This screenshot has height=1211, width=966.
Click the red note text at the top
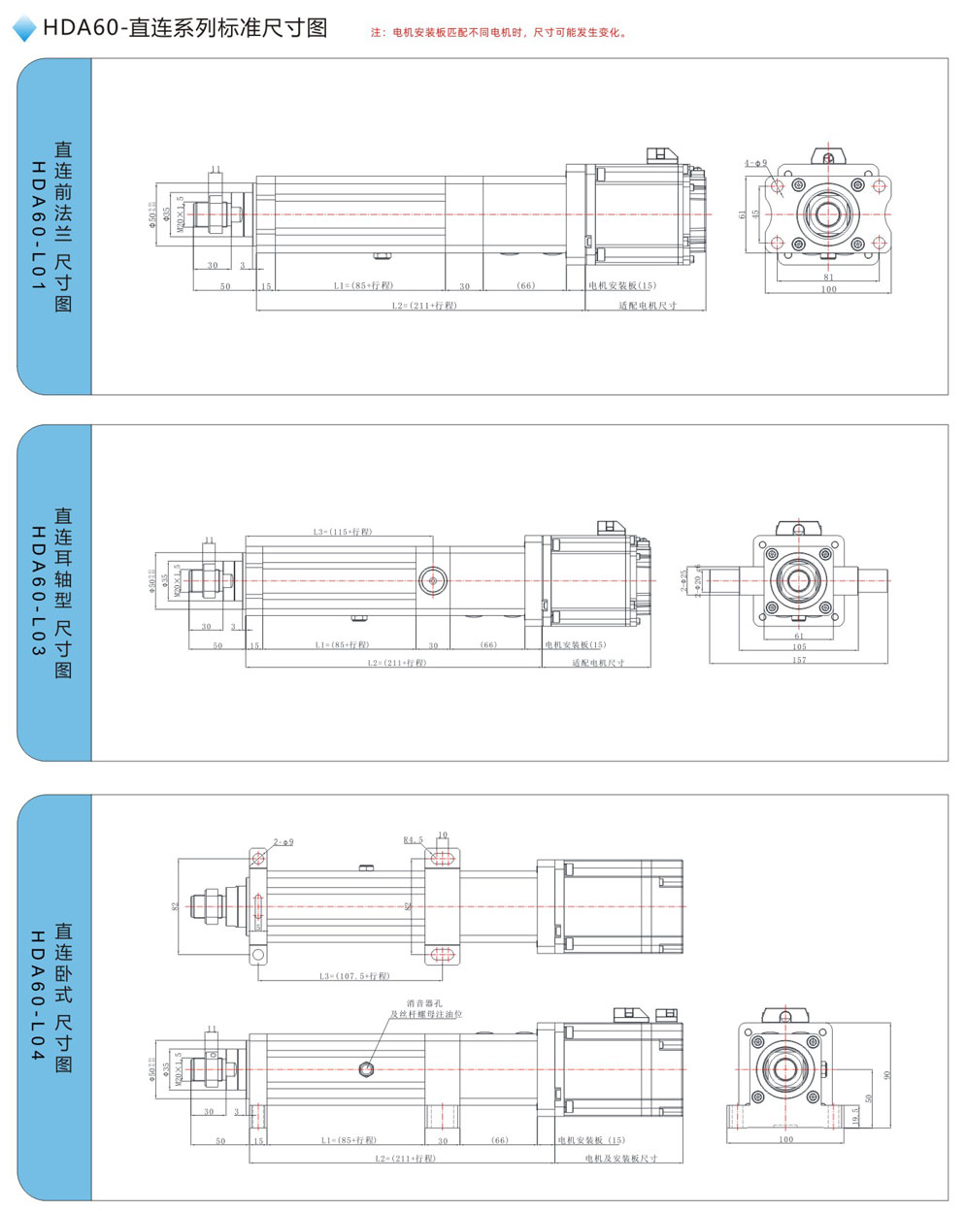pos(499,32)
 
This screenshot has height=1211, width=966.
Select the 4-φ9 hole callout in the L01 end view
pos(755,163)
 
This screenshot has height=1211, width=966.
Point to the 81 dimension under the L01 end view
pos(828,278)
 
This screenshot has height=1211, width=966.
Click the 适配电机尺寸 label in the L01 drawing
pos(648,306)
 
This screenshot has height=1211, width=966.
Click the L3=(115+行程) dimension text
pos(343,532)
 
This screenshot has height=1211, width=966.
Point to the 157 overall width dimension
pos(799,660)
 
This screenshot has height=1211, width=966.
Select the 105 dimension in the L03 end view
pos(799,647)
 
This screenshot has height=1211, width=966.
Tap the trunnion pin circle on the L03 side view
pos(433,581)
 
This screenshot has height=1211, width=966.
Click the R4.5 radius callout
pos(414,840)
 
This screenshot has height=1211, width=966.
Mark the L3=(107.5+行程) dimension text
pos(354,976)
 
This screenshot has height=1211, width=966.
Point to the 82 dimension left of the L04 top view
pos(176,906)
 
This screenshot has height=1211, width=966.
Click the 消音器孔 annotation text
pos(424,1002)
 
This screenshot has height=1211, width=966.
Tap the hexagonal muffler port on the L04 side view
pos(366,1069)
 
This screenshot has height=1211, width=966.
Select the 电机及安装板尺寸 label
pos(621,1159)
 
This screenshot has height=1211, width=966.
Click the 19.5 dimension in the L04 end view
pos(855,1115)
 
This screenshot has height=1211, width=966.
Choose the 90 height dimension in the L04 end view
pos(886,1075)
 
